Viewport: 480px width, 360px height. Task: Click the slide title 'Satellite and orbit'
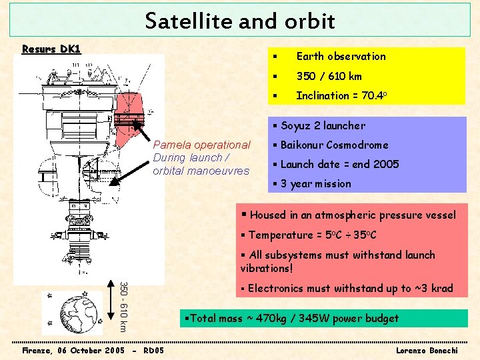tap(240, 21)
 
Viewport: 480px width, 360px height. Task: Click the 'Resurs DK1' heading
tap(51, 49)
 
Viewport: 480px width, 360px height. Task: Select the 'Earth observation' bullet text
tap(341, 57)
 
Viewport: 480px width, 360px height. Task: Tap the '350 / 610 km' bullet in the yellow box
tap(329, 76)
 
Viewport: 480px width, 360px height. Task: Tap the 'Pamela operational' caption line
tap(201, 145)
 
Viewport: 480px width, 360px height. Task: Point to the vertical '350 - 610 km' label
tap(123, 307)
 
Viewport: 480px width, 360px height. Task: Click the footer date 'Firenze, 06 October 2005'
tap(73, 350)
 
